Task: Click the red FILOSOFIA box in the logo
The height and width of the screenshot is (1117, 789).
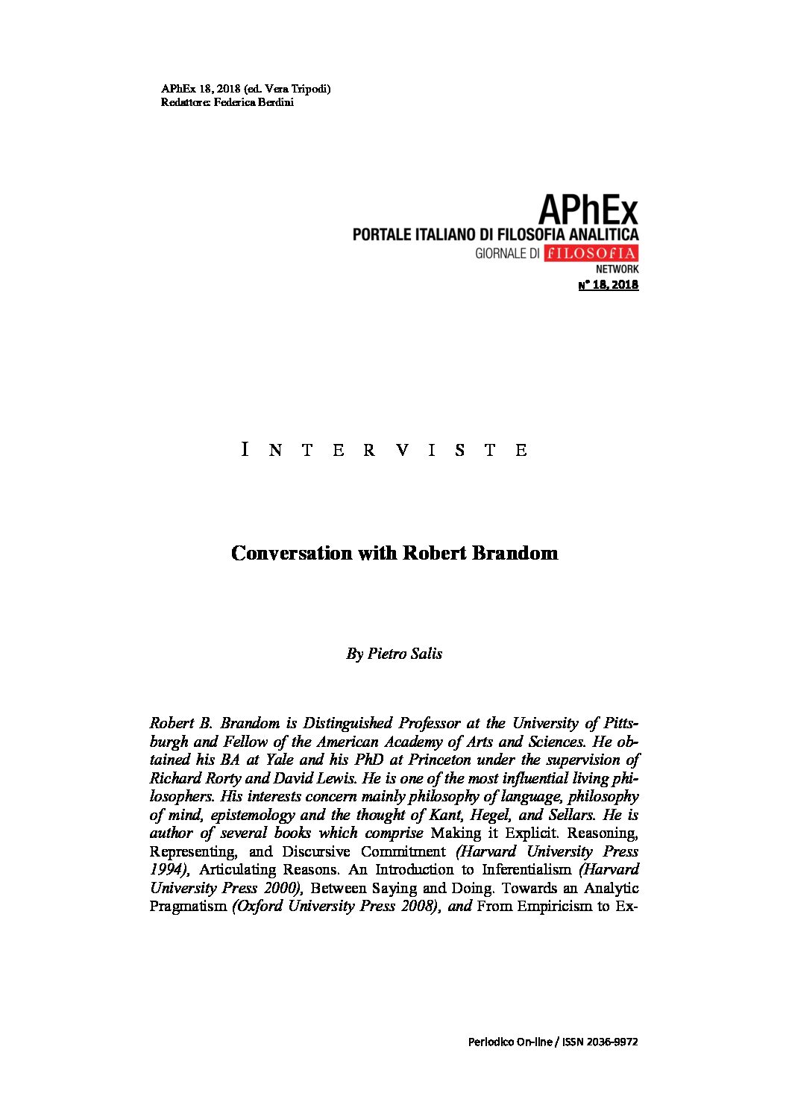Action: [591, 253]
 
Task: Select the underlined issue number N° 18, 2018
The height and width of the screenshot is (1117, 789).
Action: [609, 284]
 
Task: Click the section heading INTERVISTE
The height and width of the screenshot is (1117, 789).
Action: [385, 450]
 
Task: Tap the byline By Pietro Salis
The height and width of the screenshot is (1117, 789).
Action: [394, 654]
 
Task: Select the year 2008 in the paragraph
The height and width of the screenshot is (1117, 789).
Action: [419, 906]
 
